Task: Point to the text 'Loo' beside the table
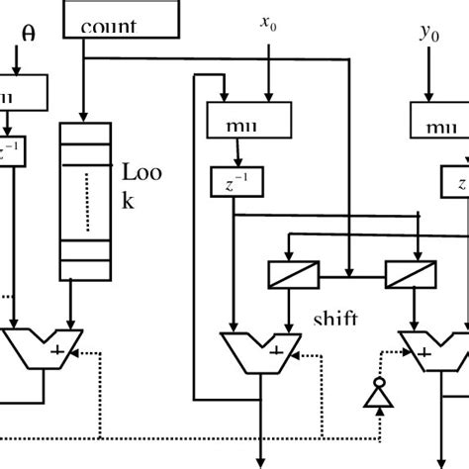pos(140,173)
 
